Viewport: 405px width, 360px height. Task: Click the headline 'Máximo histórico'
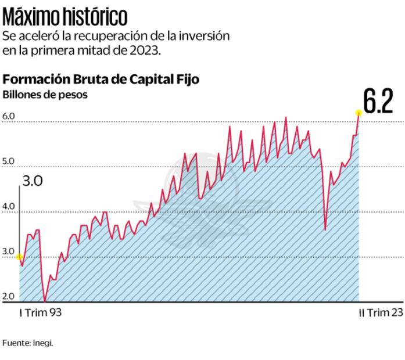(x=64, y=15)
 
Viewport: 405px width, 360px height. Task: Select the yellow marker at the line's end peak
(x=359, y=113)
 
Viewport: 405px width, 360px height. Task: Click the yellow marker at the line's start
(x=20, y=257)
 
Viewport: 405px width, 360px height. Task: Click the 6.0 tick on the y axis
(x=9, y=116)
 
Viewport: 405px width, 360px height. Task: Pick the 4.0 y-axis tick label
(x=9, y=207)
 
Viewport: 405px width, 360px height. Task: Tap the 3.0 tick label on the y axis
(x=9, y=251)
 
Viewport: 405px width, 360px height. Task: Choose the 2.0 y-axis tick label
(x=9, y=297)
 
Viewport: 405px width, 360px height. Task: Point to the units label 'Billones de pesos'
(x=45, y=95)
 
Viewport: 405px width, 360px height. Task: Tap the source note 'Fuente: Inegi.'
(x=28, y=343)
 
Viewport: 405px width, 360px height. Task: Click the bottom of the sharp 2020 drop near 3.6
(x=325, y=229)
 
